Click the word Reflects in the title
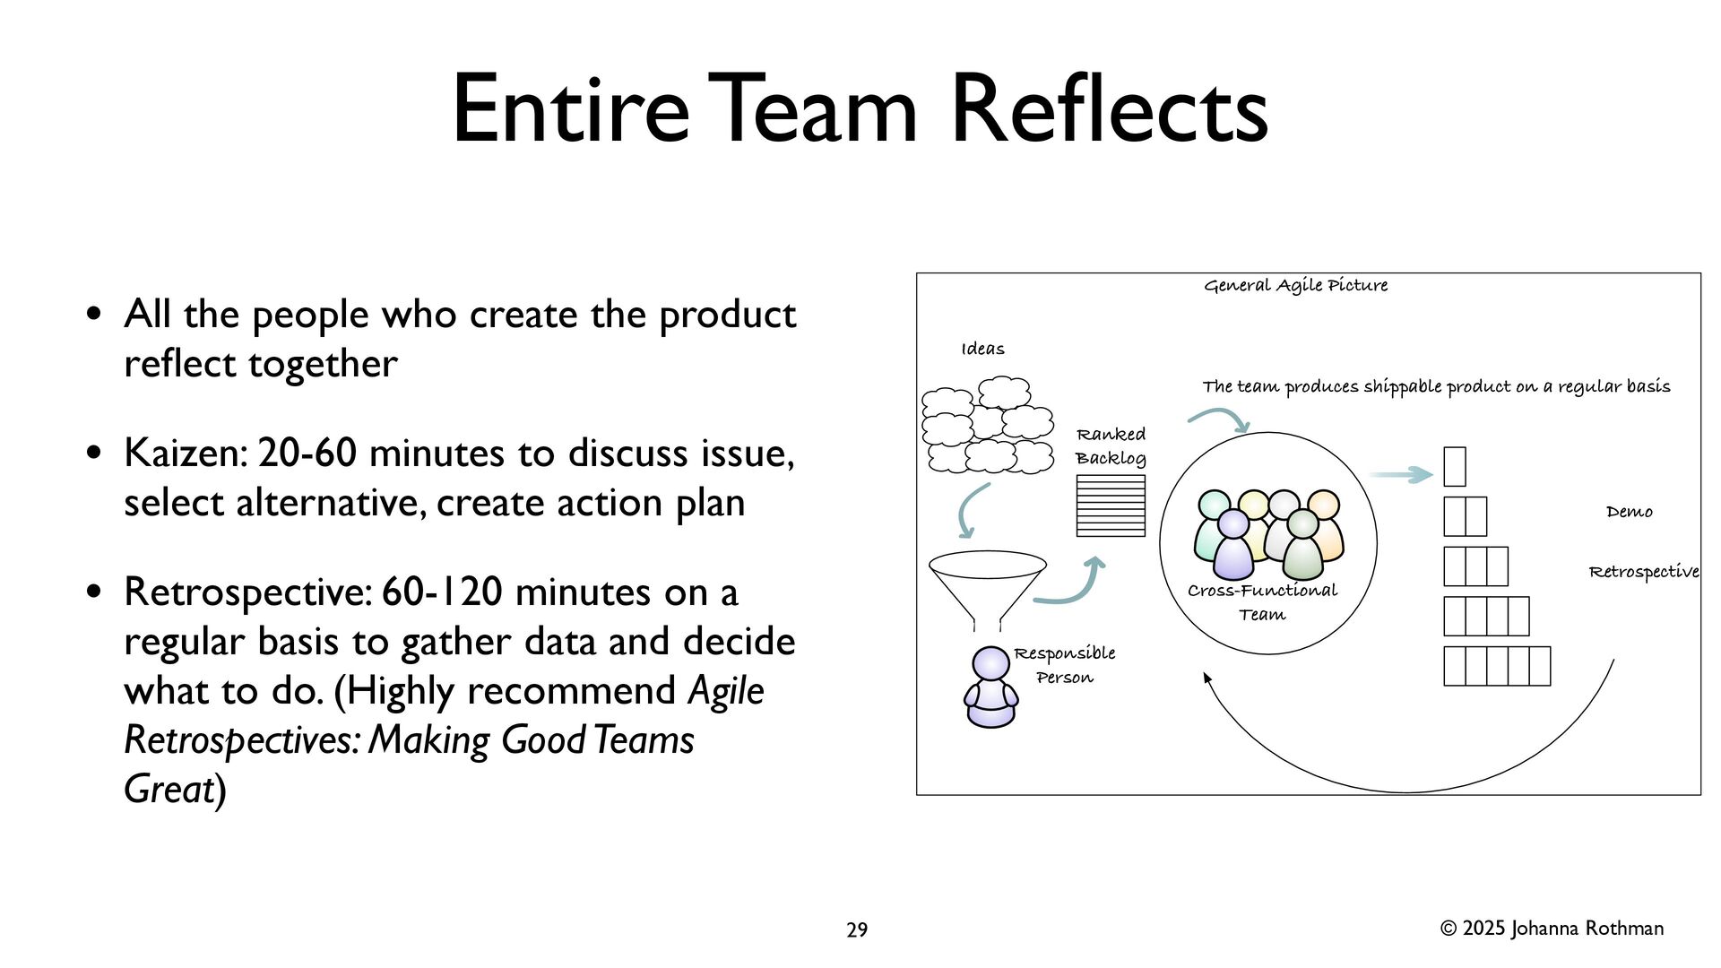[1109, 109]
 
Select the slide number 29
[857, 930]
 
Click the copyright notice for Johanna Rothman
[1552, 929]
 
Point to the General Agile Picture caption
[1295, 286]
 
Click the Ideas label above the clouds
[982, 350]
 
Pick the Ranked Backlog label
[1111, 446]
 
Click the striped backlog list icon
[1111, 506]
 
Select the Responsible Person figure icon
[990, 687]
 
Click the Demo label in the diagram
[1629, 513]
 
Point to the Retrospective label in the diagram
[1643, 572]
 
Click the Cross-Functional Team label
[1262, 602]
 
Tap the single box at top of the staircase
[1454, 467]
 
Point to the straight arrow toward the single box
[1400, 474]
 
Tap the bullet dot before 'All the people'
[93, 315]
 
